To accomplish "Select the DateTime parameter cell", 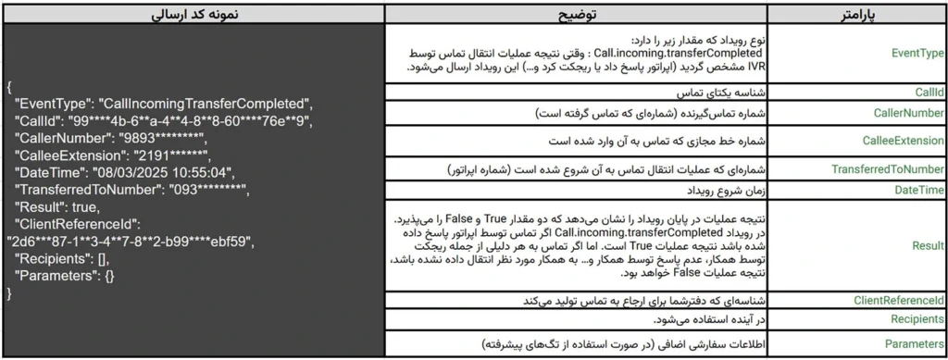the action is point(917,191).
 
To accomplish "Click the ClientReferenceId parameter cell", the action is point(898,300).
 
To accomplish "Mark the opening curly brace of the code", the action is point(8,85).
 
